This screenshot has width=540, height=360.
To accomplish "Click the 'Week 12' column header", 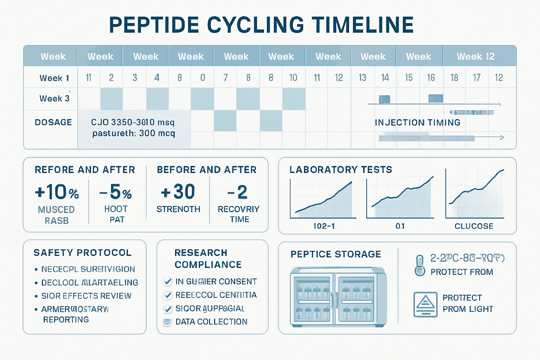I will (x=475, y=56).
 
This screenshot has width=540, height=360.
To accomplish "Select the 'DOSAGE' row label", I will (x=53, y=122).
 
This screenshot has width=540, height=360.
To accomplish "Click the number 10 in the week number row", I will (x=293, y=78).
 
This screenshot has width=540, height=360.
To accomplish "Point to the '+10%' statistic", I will (x=57, y=192).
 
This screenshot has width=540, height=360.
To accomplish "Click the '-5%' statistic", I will (x=116, y=192).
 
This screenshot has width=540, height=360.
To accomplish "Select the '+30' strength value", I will (x=178, y=192).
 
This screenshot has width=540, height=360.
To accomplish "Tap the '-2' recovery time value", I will (x=238, y=192).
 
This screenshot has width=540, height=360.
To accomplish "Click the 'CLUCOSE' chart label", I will (x=474, y=226).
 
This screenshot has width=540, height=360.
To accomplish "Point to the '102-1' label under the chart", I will (x=324, y=226).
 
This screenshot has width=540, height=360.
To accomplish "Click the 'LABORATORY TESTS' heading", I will (x=340, y=170).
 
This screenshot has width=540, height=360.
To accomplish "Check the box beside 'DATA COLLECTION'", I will (x=167, y=322).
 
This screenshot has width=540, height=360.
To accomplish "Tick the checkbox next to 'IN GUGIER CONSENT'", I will (x=168, y=282).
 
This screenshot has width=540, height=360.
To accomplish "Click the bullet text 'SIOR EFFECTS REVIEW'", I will (x=86, y=296).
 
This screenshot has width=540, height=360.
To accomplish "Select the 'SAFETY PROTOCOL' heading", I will (x=83, y=253).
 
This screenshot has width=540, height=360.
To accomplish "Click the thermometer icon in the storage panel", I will (x=420, y=265).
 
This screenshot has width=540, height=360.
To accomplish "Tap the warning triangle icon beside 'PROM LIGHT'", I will (x=425, y=304).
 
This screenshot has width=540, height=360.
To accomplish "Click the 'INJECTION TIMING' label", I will (x=417, y=122).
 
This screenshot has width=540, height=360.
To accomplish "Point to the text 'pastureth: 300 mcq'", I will (x=134, y=134).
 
